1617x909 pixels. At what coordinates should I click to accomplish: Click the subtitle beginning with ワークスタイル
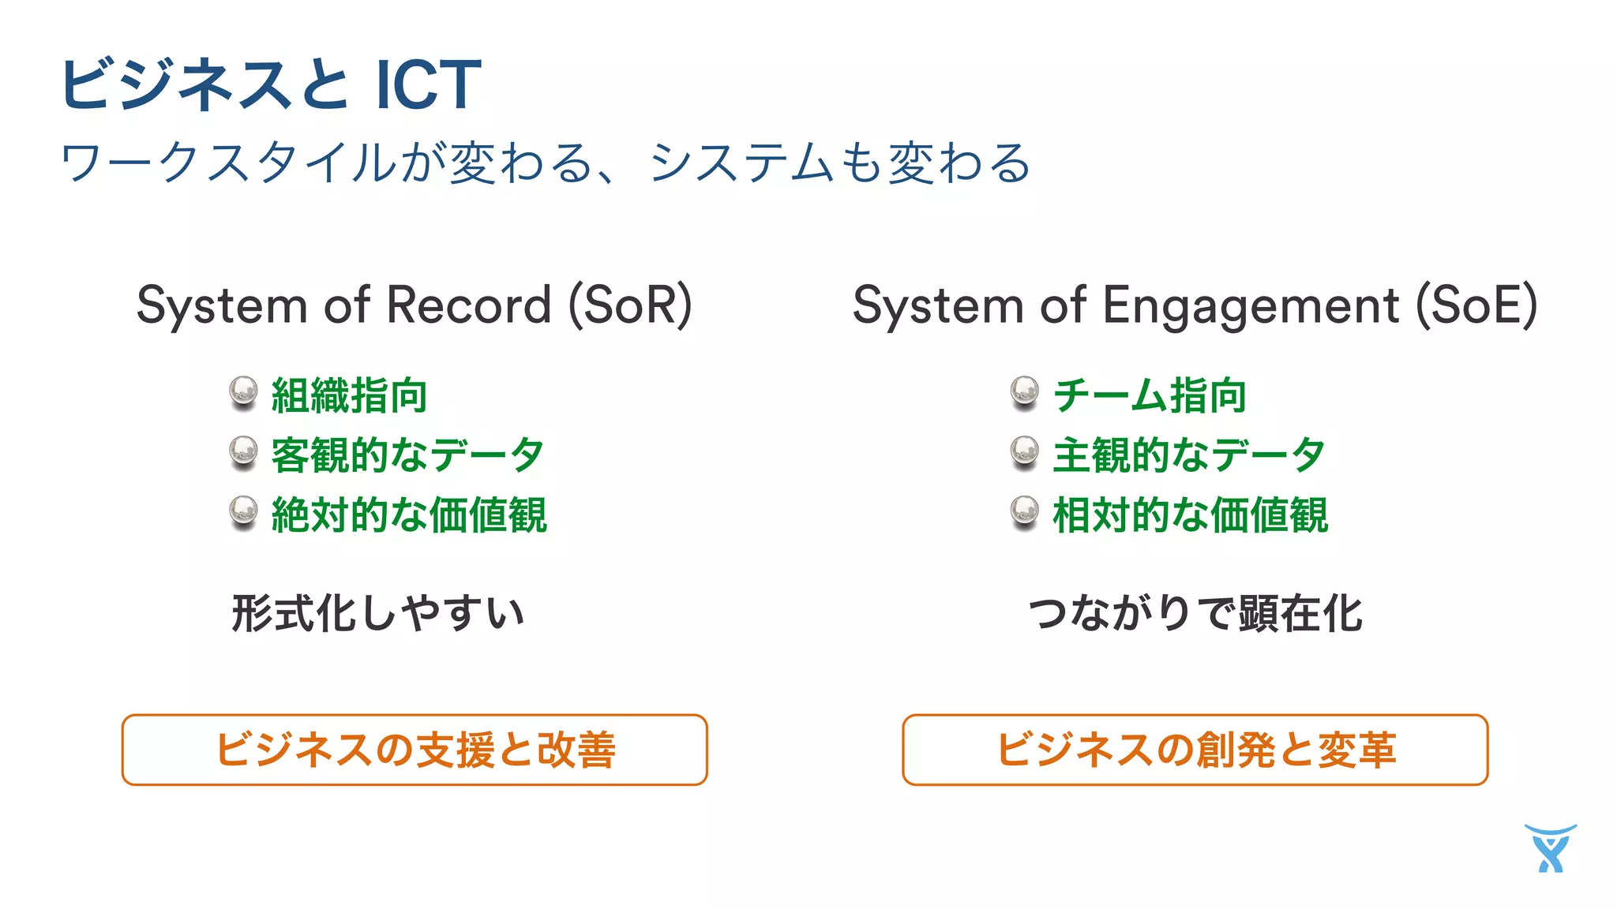545,163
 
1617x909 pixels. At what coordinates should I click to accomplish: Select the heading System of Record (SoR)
414,305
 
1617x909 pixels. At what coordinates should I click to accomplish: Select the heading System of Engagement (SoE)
1195,305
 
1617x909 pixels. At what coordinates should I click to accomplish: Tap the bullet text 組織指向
349,395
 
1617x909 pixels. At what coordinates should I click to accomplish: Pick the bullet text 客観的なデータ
407,455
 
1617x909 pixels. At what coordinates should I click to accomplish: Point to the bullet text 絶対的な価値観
409,515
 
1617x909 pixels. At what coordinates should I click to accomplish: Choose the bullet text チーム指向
1150,395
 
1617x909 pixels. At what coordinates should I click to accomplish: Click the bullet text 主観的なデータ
1189,455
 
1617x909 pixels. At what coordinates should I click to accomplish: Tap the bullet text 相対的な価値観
1191,515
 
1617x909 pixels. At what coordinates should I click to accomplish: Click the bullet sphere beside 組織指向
243,392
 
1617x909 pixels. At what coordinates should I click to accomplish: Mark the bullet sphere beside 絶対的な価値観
243,512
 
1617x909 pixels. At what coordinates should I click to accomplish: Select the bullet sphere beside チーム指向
1025,392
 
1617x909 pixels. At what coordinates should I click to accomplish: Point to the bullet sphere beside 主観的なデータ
1025,452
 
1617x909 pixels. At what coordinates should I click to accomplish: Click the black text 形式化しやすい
378,613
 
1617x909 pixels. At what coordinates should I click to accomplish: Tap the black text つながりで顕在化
1195,613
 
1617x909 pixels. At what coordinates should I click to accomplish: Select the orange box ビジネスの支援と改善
415,750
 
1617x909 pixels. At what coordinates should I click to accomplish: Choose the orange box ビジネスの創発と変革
1195,750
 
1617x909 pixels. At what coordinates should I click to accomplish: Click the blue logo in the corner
1551,848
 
